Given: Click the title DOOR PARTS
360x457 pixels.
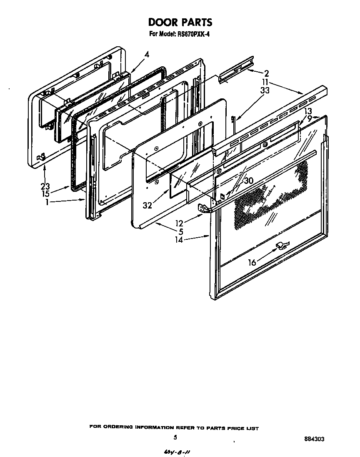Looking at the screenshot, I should click(x=180, y=22).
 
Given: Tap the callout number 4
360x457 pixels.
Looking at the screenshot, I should click(x=147, y=54).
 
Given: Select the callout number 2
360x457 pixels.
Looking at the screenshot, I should click(x=266, y=73).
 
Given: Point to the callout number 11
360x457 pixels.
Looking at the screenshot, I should click(x=265, y=81).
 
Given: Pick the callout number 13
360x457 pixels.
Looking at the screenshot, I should click(x=307, y=111).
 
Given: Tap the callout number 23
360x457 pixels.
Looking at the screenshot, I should click(x=45, y=186).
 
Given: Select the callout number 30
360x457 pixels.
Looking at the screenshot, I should click(x=249, y=181).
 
